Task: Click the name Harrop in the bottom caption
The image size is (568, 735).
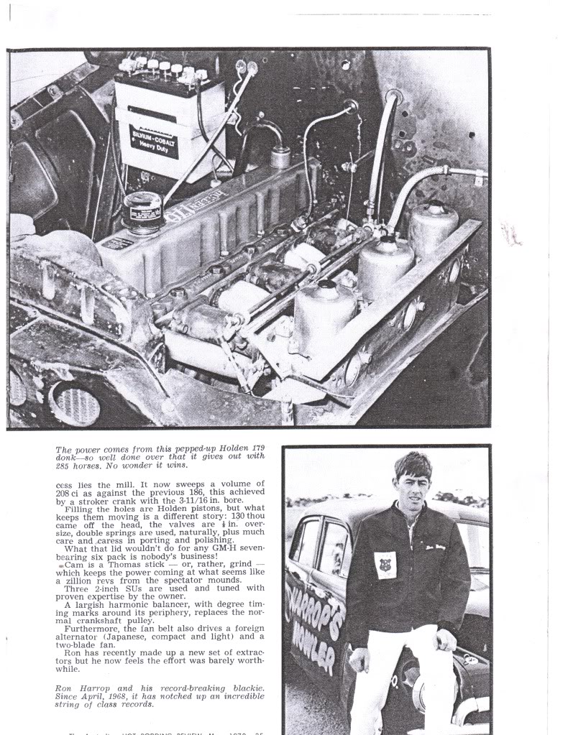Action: pos(88,688)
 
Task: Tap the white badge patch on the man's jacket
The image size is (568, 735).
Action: pos(385,565)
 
